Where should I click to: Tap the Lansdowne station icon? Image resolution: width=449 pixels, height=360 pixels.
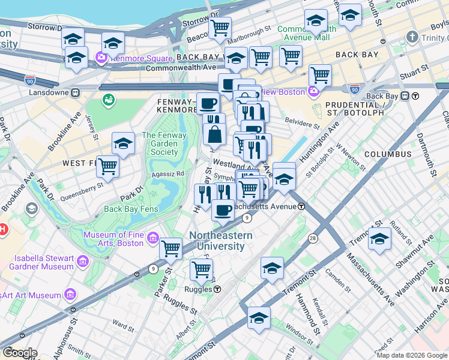(x=76, y=94)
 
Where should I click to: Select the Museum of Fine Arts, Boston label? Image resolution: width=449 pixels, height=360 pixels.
(x=113, y=239)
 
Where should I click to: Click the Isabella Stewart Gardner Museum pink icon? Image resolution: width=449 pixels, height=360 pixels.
(x=82, y=262)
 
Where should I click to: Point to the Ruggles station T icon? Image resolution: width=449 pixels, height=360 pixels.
(x=217, y=289)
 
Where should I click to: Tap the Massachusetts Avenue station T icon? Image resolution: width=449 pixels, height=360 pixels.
(x=301, y=206)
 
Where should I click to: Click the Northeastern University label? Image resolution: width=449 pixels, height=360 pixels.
(x=221, y=241)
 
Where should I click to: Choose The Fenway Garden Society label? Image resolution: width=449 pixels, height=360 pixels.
(x=160, y=144)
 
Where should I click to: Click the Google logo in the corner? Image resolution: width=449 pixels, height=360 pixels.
(x=19, y=353)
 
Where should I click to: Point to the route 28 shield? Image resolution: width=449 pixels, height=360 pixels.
(x=313, y=239)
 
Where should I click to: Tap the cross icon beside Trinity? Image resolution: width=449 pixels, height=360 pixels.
(x=412, y=37)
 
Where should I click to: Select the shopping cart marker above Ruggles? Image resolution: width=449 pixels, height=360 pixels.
(x=201, y=269)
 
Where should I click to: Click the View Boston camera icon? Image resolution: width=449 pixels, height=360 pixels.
(x=313, y=92)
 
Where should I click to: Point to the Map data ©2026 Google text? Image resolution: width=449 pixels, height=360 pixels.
(x=412, y=355)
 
